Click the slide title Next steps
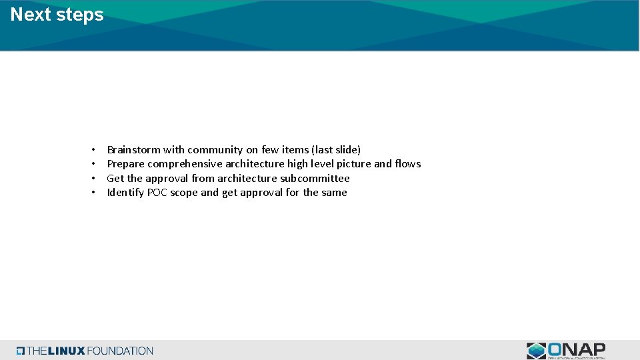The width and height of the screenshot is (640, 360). pos(57,15)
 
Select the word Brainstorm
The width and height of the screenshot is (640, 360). pos(134,150)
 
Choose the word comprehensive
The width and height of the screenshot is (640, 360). pos(185,164)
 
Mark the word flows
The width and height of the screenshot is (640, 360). pos(408,164)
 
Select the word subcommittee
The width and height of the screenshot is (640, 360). pos(315,179)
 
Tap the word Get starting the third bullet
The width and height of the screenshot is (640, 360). pos(115,179)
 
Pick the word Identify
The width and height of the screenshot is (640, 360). pos(125,193)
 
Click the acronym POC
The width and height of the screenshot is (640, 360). pos(157,193)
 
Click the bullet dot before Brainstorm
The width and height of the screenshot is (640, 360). pos(94,150)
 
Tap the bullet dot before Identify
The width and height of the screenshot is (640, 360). pos(94,193)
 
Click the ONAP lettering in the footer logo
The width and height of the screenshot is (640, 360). pos(577,349)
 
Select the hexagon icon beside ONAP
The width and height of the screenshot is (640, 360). pos(536,351)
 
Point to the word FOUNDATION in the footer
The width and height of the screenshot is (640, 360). pos(120,351)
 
